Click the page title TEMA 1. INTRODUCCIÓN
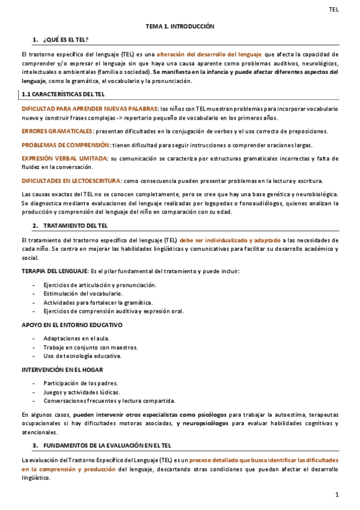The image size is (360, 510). tap(180, 27)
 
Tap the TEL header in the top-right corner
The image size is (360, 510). tap(335, 9)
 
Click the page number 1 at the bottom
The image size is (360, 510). tap(338, 494)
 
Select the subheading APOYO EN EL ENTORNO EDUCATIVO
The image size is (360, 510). tap(72, 325)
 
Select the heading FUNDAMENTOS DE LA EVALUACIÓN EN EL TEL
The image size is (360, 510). tap(107, 446)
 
